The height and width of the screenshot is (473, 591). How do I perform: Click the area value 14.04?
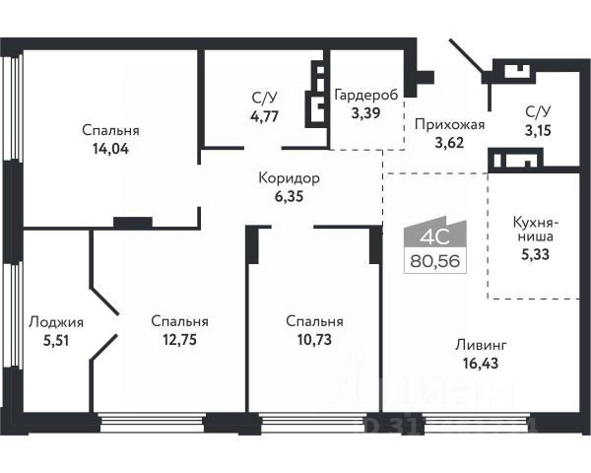pyautogui.click(x=110, y=151)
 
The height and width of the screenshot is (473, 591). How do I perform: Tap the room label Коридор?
pyautogui.click(x=290, y=178)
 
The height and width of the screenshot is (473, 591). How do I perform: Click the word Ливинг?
pyautogui.click(x=482, y=346)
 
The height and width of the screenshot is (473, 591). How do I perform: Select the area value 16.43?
pyautogui.click(x=482, y=366)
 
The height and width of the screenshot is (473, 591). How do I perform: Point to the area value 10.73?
pyautogui.click(x=314, y=340)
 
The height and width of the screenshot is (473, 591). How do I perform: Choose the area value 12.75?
pyautogui.click(x=179, y=340)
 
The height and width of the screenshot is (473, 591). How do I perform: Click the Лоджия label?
pyautogui.click(x=56, y=321)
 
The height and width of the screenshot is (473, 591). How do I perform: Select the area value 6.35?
pyautogui.click(x=290, y=197)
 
